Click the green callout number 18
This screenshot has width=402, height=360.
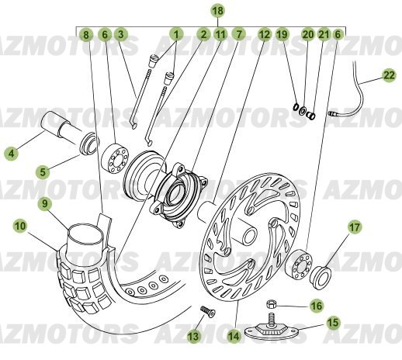(x=218, y=11)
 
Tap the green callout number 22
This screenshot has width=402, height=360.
(x=389, y=75)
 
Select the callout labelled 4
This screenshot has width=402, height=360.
(x=11, y=154)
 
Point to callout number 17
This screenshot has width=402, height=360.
(x=355, y=227)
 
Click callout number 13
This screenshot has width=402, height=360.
(x=194, y=336)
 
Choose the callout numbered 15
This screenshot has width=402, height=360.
(x=333, y=323)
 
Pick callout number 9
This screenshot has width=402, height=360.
(x=45, y=203)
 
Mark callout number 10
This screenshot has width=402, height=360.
(x=20, y=226)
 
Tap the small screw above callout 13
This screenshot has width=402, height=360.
(x=208, y=310)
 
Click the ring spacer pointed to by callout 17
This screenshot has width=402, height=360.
(x=321, y=277)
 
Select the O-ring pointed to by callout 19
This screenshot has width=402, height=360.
(x=296, y=107)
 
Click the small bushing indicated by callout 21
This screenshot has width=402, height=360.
(x=311, y=115)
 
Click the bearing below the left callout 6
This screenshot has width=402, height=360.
(x=115, y=157)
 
